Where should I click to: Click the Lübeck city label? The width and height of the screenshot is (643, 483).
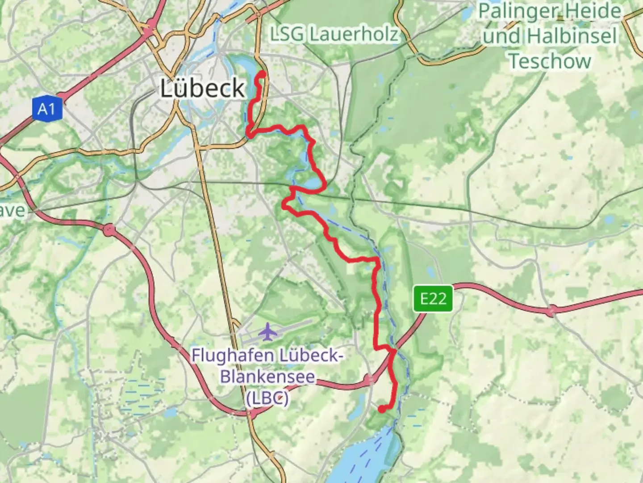pyautogui.click(x=202, y=89)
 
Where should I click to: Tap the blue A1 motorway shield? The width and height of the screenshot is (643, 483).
pyautogui.click(x=46, y=109)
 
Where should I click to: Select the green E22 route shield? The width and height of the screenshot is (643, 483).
pyautogui.click(x=433, y=298)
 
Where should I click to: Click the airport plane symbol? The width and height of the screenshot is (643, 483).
pyautogui.click(x=267, y=332)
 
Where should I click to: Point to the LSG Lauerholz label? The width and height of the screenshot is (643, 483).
pyautogui.click(x=334, y=34)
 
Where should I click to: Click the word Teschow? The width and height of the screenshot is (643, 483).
pyautogui.click(x=550, y=61)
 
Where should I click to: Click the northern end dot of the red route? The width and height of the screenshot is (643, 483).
pyautogui.click(x=263, y=75)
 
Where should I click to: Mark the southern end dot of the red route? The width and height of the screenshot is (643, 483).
pyautogui.click(x=382, y=409)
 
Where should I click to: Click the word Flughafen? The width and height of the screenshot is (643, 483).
pyautogui.click(x=233, y=356)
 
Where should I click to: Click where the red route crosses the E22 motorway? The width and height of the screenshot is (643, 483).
pyautogui.click(x=393, y=351)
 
